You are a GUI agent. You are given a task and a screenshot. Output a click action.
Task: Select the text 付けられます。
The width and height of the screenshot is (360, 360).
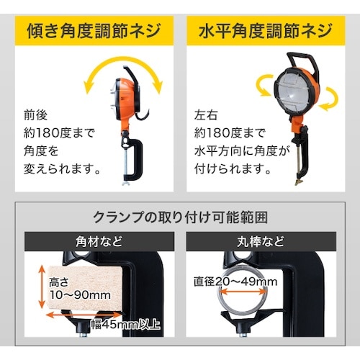tap(231, 170)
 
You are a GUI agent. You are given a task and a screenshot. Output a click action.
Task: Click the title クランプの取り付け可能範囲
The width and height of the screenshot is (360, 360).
tap(180, 217)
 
